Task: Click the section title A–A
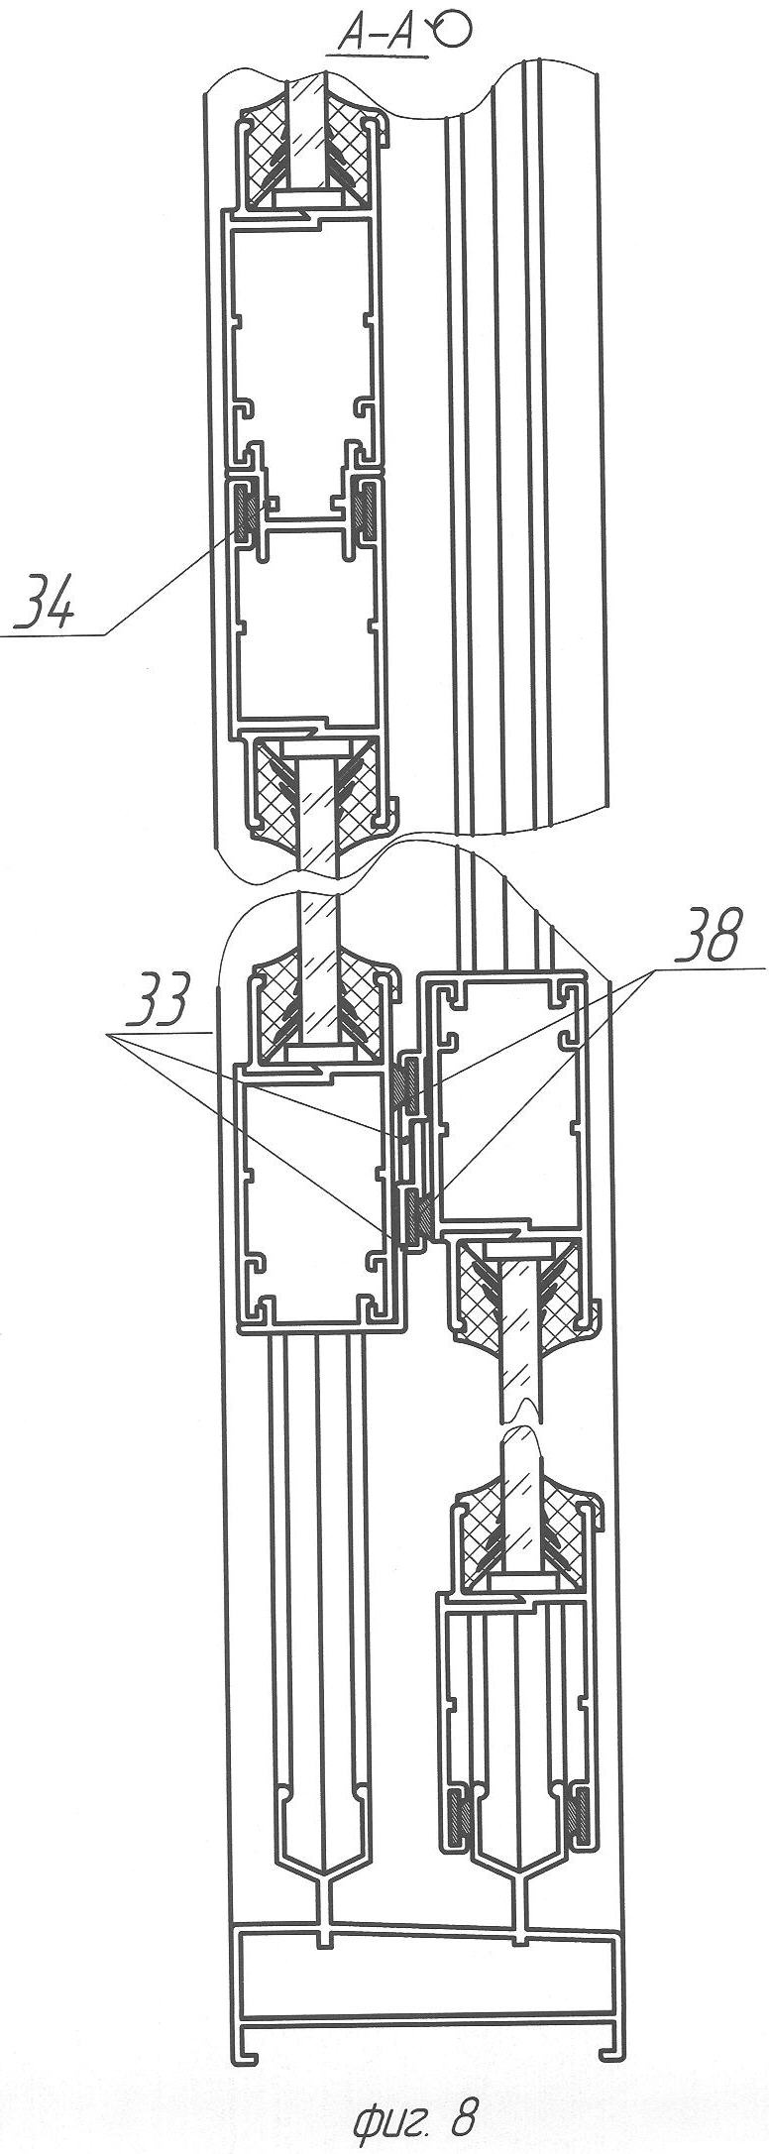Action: (377, 36)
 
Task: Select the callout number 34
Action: (43, 606)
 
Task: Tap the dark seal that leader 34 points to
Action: (244, 511)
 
